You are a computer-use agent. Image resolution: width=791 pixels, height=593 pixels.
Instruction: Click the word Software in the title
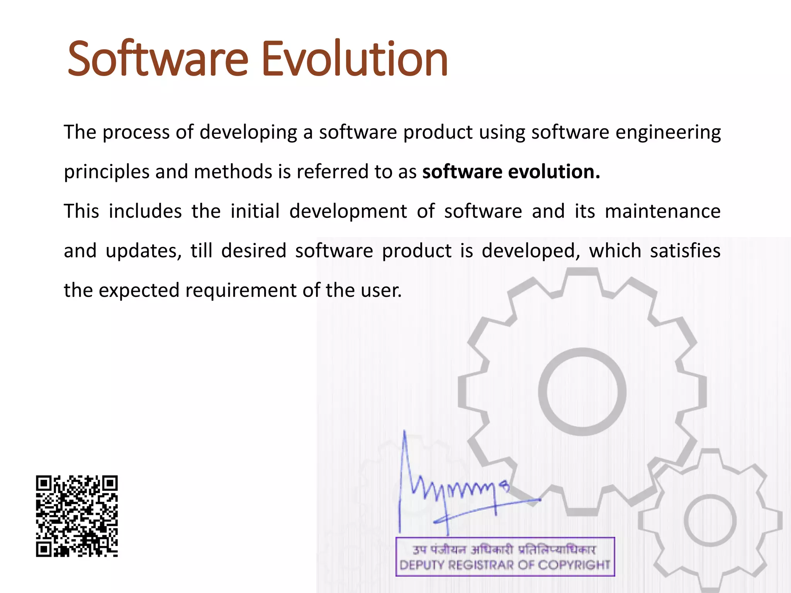tap(158, 59)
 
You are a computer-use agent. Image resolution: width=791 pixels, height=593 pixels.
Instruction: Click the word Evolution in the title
tap(355, 59)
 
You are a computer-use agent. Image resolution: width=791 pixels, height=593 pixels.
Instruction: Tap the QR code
tap(77, 516)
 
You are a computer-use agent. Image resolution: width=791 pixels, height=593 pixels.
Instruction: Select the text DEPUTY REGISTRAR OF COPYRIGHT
tap(505, 565)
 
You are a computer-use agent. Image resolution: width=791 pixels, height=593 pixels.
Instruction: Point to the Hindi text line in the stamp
tap(504, 549)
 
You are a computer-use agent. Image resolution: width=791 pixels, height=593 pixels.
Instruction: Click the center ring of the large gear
tap(582, 391)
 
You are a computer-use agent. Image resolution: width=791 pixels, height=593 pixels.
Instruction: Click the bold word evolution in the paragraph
tap(554, 172)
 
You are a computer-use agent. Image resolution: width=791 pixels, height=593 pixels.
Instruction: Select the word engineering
tap(668, 132)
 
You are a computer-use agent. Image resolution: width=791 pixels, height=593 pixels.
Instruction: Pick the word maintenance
tap(662, 212)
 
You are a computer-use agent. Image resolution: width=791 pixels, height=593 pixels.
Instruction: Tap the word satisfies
tap(685, 251)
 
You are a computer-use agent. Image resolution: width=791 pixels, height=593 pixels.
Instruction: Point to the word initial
tap(255, 212)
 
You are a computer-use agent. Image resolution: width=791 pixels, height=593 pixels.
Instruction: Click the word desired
tap(253, 251)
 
